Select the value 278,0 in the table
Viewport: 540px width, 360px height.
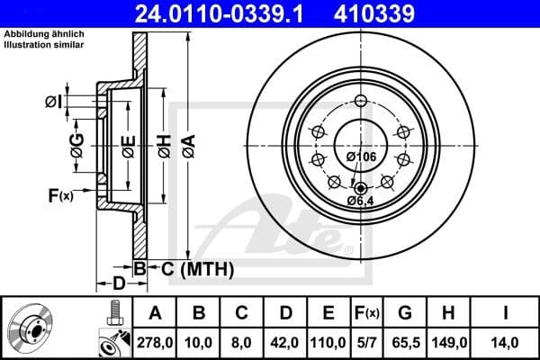point(154,343)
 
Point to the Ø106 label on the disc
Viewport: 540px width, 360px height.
point(360,157)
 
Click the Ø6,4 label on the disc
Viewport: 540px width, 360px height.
point(362,200)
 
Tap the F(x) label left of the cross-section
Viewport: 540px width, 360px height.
point(59,193)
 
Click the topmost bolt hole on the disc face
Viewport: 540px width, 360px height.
point(361,100)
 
